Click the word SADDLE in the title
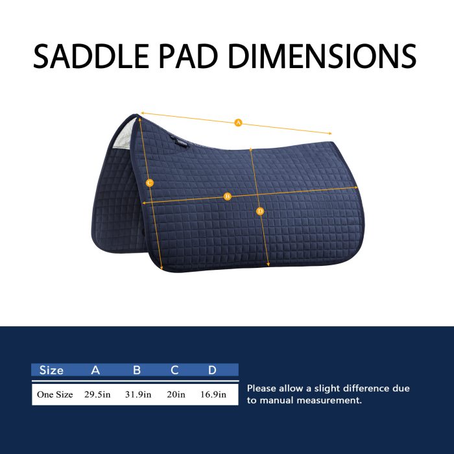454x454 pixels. point(91,56)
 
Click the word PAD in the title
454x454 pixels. point(188,56)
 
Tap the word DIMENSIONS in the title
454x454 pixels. point(322,56)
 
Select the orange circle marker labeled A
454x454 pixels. point(238,123)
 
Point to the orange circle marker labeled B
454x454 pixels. point(228,197)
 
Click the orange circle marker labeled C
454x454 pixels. point(149,183)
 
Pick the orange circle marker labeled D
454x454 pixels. point(260,211)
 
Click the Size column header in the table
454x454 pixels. point(51,370)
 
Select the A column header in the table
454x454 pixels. point(95,370)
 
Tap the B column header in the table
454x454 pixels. point(137,370)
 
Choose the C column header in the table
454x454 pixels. point(174,370)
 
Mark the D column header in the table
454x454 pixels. point(212,370)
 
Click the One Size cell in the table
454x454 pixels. point(54,394)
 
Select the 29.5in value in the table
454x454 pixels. point(97,394)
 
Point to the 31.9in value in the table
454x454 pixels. point(138,394)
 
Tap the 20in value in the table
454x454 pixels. point(176,394)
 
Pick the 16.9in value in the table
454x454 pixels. point(213,394)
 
